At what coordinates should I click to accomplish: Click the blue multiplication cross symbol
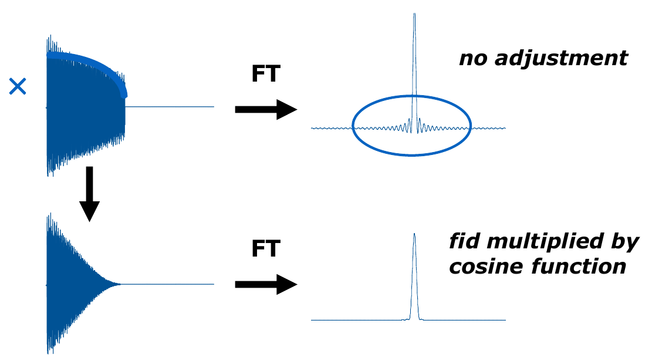point(18,87)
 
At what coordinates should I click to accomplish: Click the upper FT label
point(266,74)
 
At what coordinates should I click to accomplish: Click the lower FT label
point(266,249)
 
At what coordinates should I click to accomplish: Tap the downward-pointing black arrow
point(89,194)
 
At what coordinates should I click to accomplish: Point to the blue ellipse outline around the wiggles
point(411,155)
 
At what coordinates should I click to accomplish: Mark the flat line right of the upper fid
point(170,107)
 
